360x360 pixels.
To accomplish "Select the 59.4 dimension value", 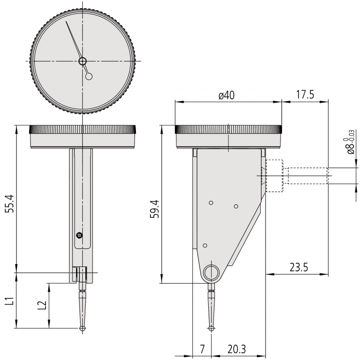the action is tap(155, 209).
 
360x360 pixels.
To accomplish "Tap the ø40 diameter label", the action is tap(227, 95).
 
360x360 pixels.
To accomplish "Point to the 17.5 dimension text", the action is tap(305, 94).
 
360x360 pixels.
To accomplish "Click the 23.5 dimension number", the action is tap(298, 267).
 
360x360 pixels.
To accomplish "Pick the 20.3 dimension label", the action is tap(237, 349).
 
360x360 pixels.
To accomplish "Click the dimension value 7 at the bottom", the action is tap(202, 349).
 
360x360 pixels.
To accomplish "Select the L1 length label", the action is tap(10, 301).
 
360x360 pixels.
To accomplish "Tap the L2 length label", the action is tap(42, 305).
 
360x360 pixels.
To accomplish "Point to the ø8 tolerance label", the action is tap(351, 143).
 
